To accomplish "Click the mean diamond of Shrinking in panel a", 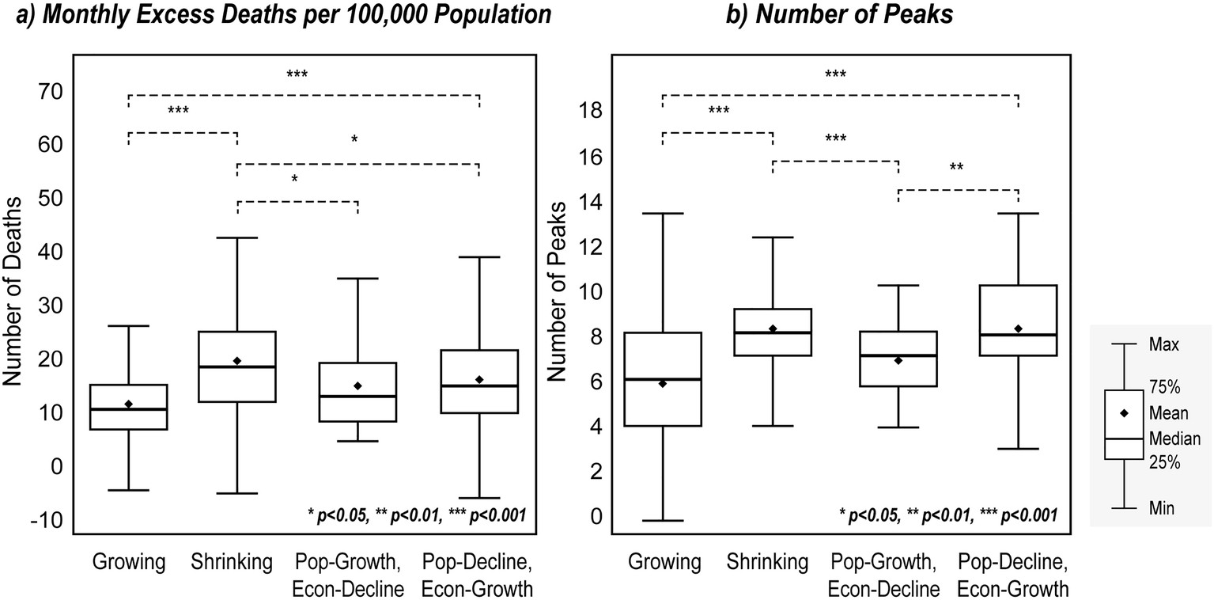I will (236, 361).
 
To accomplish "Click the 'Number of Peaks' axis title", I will (557, 291).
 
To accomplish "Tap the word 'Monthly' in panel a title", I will (77, 16).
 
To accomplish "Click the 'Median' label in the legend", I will (1174, 439).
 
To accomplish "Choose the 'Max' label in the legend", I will (1163, 345).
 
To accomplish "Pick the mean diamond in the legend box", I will (1124, 413).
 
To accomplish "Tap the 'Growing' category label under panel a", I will (129, 563).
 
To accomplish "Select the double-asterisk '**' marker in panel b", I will (956, 168).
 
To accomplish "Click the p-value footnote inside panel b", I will (948, 515).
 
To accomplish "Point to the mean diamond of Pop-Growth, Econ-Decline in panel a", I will (357, 386).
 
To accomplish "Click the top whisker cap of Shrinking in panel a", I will (236, 237).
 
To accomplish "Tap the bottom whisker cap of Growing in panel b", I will (664, 521).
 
